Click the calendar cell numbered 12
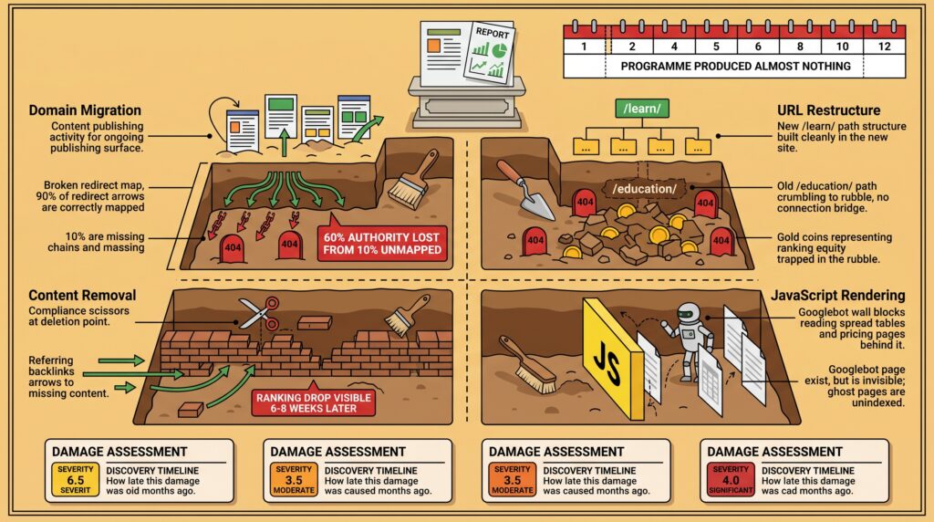tap(884, 47)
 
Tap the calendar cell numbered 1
tap(585, 47)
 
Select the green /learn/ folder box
tap(642, 109)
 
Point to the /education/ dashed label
tap(645, 189)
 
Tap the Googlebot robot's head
tap(689, 314)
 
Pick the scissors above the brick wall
tap(259, 313)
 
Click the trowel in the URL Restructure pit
tap(526, 190)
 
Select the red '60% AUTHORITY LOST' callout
tap(382, 244)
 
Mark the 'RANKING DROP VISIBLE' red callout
tap(314, 402)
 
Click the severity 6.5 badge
tap(75, 480)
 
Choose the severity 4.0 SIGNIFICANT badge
tap(731, 480)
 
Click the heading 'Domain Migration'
tap(85, 110)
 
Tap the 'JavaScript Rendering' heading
tap(838, 296)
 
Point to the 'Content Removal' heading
tap(82, 296)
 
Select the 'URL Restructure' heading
tap(828, 110)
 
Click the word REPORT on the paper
tap(492, 34)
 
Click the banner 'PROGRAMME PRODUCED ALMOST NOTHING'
tap(736, 66)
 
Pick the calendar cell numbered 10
tap(842, 47)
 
